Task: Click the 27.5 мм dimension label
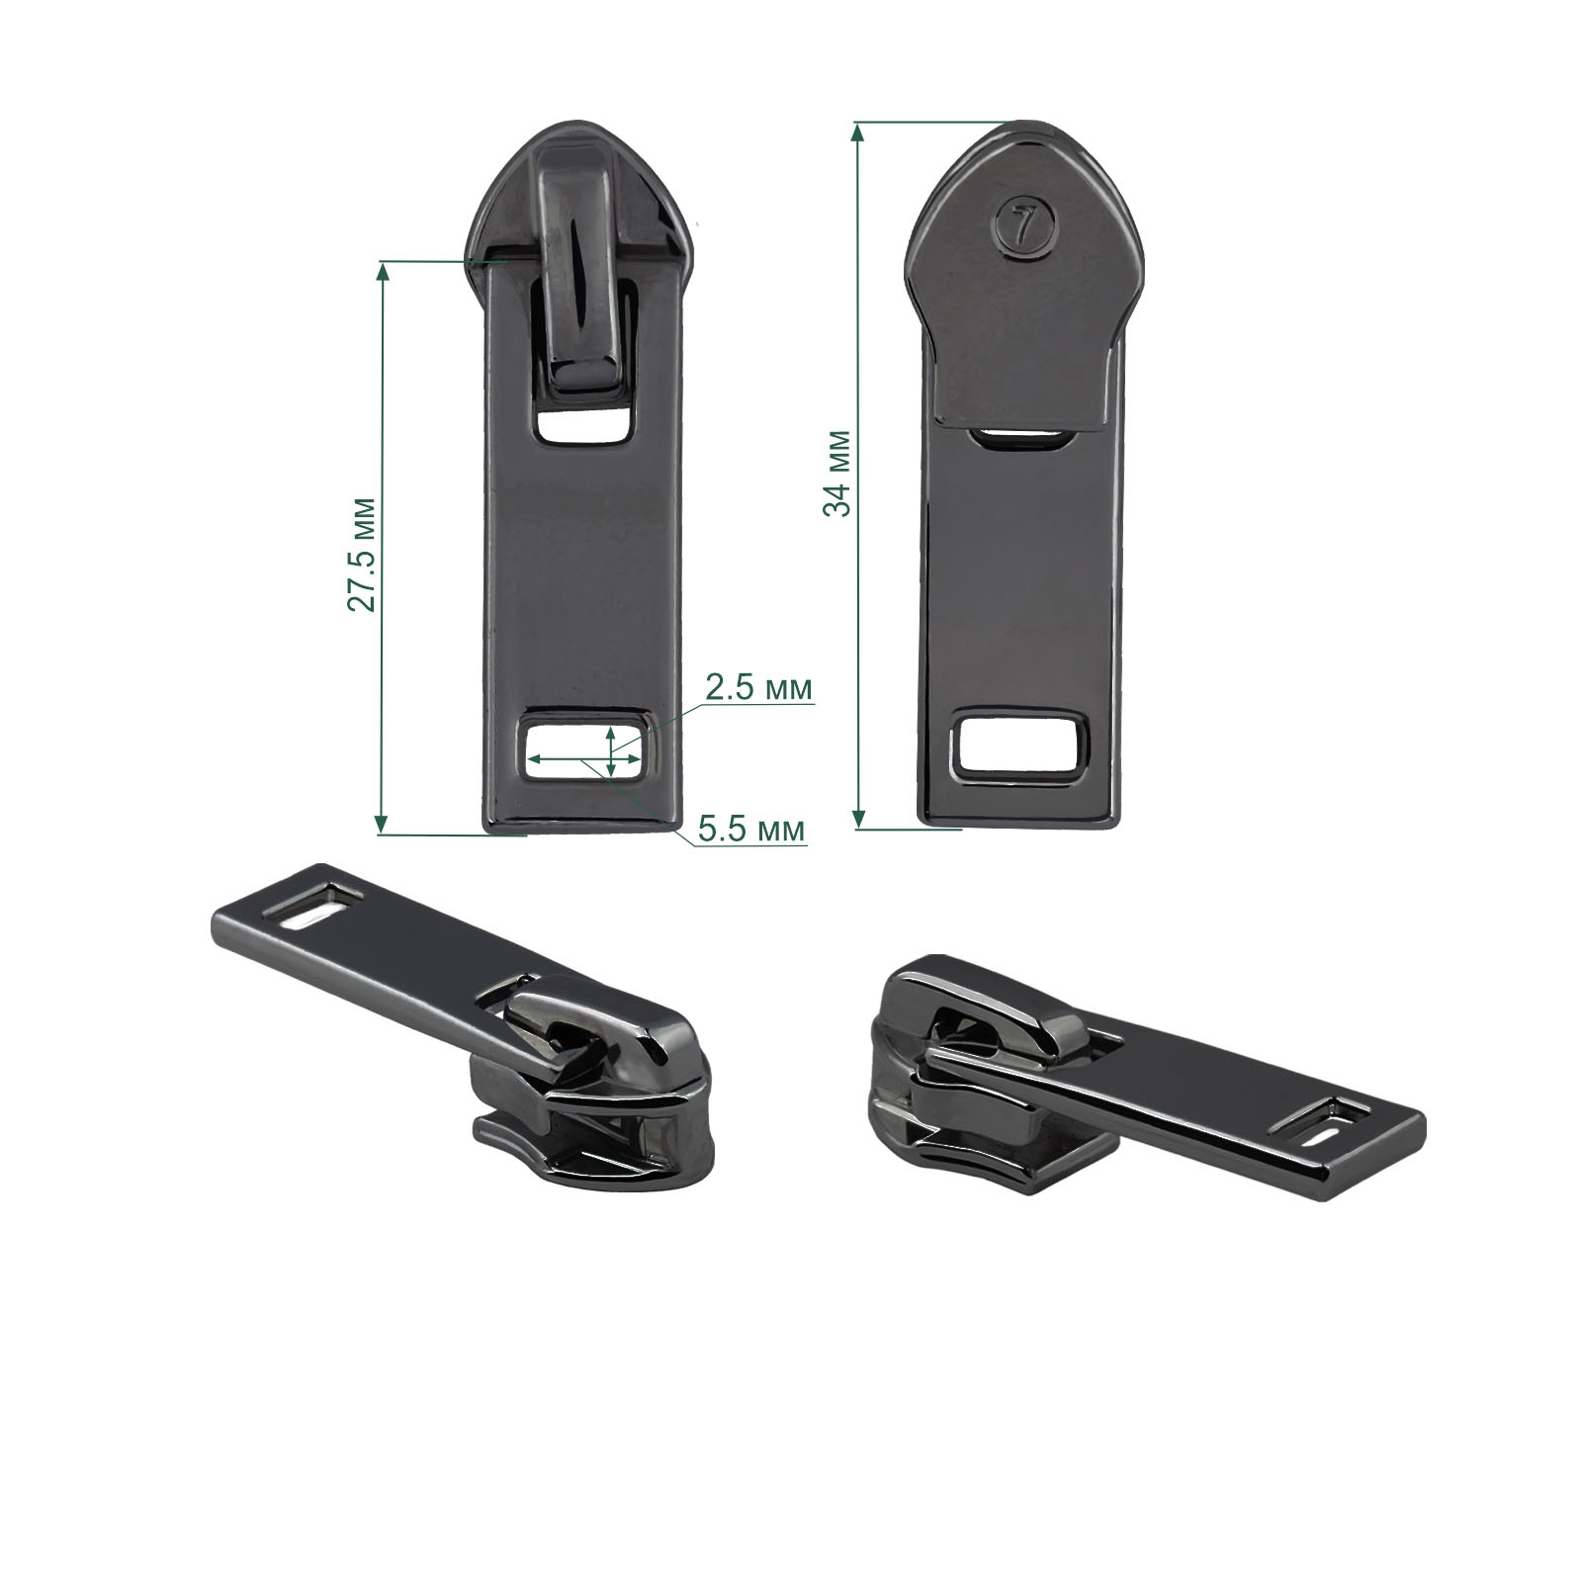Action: [363, 553]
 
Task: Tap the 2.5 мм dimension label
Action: [758, 688]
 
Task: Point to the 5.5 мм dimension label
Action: [750, 829]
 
